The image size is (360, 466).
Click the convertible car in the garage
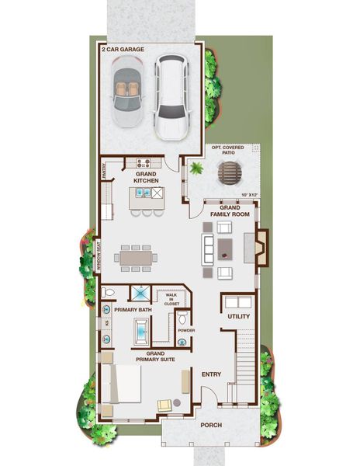click(x=129, y=90)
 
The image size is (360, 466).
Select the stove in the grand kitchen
click(x=144, y=163)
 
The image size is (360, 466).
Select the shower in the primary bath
click(x=140, y=294)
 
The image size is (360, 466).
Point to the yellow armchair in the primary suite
click(x=164, y=405)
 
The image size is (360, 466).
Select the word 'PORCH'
click(x=211, y=425)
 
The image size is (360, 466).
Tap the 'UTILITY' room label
click(x=237, y=317)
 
